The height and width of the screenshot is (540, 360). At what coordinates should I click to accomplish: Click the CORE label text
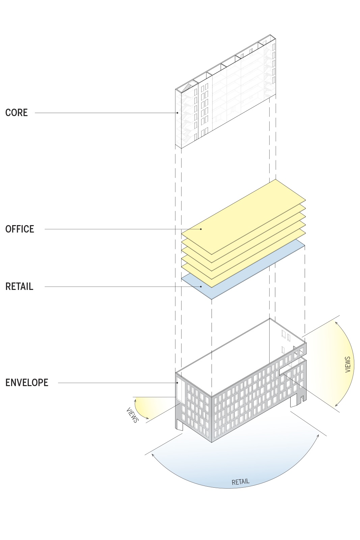coord(17,112)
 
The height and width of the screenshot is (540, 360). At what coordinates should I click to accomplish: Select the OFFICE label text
coord(20,229)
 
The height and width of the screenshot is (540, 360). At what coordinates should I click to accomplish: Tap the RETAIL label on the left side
coord(19,287)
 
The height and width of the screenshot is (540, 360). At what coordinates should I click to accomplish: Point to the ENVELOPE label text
coord(27,383)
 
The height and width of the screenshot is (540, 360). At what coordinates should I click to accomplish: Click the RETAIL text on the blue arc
coord(241,482)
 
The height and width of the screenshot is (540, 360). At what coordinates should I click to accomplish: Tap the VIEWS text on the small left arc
coord(132,415)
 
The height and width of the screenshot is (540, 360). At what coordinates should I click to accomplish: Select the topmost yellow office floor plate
coord(243,216)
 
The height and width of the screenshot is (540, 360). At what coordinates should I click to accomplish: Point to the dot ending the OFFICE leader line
coord(201,229)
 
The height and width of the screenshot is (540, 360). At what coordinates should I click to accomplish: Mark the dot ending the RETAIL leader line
coord(201,287)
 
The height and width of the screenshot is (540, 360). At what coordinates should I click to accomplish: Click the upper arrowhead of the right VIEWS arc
coord(336,323)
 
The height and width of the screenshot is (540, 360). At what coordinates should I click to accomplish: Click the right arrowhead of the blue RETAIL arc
coord(318,436)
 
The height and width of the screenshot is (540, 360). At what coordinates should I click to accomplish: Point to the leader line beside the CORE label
coord(101,113)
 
